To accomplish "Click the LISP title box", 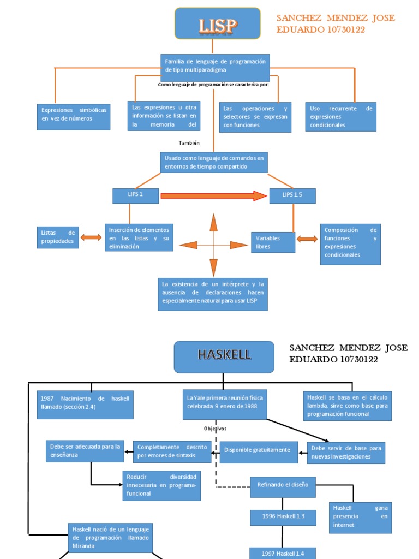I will click(x=217, y=23).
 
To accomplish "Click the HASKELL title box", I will click(x=224, y=356).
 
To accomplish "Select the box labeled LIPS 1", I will click(x=135, y=195).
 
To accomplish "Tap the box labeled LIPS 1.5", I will click(x=292, y=195).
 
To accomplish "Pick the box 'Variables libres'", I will click(x=273, y=242).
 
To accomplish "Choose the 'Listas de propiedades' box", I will click(x=58, y=237).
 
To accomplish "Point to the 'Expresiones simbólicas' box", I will click(x=73, y=116).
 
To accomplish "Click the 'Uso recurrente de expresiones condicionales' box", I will click(x=340, y=117).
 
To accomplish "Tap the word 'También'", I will click(x=189, y=143).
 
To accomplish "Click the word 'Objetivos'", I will click(x=215, y=429).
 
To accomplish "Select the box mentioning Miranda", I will click(x=110, y=538).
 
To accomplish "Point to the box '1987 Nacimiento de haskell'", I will click(x=85, y=405).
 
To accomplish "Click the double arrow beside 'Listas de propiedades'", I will click(x=91, y=237).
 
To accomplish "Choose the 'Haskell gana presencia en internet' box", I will click(x=360, y=516).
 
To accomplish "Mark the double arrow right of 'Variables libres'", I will click(x=307, y=239).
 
